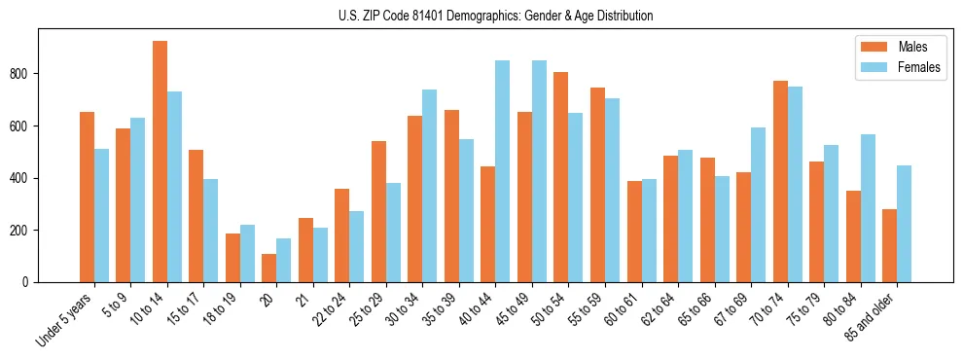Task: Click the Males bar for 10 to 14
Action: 160,162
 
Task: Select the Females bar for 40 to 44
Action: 502,171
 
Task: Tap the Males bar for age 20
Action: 268,268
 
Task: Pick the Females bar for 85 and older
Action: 904,224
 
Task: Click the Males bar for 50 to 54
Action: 560,177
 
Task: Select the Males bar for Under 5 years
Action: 87,197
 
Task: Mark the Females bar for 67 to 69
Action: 758,204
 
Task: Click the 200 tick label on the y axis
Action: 24,231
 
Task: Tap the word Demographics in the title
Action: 494,16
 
